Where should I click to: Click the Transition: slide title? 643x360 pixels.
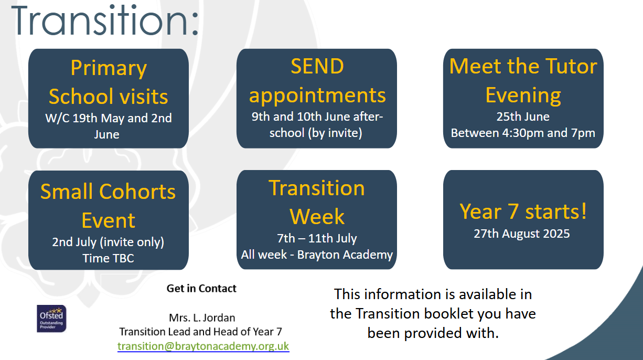(x=105, y=20)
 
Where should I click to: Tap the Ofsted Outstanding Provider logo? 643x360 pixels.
(x=52, y=319)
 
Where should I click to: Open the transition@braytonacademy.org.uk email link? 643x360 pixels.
(x=203, y=346)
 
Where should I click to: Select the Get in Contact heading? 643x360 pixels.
(x=201, y=288)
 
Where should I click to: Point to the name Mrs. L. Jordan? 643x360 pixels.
(x=202, y=317)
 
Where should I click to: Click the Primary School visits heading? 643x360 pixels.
(x=109, y=82)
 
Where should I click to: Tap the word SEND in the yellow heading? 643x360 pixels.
(x=317, y=66)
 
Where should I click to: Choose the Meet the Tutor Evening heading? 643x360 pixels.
(x=523, y=80)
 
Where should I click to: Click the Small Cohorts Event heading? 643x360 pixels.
(x=108, y=206)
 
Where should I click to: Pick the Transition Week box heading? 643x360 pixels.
(x=317, y=202)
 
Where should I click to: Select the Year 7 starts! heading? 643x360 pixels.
(x=523, y=211)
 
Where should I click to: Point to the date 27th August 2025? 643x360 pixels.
(x=521, y=234)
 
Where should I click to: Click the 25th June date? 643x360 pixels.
(x=523, y=117)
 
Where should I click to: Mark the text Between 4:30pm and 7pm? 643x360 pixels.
(x=523, y=133)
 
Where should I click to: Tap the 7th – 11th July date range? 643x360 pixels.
(x=317, y=238)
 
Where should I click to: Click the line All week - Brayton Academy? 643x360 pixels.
(x=317, y=255)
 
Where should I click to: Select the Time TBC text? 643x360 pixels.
(x=108, y=258)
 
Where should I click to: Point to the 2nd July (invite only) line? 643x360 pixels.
(x=108, y=242)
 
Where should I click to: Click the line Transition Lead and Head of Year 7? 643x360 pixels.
(x=201, y=332)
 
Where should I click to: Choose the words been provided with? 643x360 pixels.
(x=433, y=333)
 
